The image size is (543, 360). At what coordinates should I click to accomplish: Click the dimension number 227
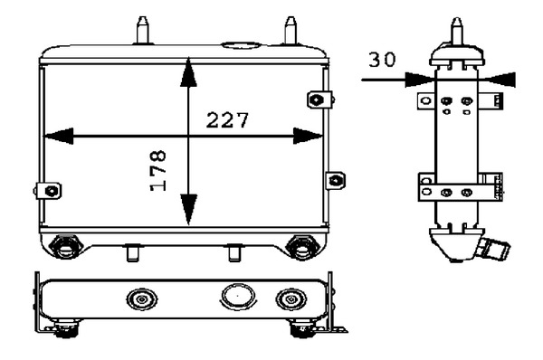227,119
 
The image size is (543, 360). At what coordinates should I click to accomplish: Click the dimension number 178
157,171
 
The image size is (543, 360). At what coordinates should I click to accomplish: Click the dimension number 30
382,59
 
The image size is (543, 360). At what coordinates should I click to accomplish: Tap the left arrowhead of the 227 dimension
59,136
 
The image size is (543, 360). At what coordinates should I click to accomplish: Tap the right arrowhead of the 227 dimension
309,136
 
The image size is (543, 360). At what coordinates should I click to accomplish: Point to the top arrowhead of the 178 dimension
189,72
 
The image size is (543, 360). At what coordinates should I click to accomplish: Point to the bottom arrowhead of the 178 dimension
189,210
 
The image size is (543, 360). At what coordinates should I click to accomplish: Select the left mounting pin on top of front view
143,30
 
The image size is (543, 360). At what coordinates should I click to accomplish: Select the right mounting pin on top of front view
291,30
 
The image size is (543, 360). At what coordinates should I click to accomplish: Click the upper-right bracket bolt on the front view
316,100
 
